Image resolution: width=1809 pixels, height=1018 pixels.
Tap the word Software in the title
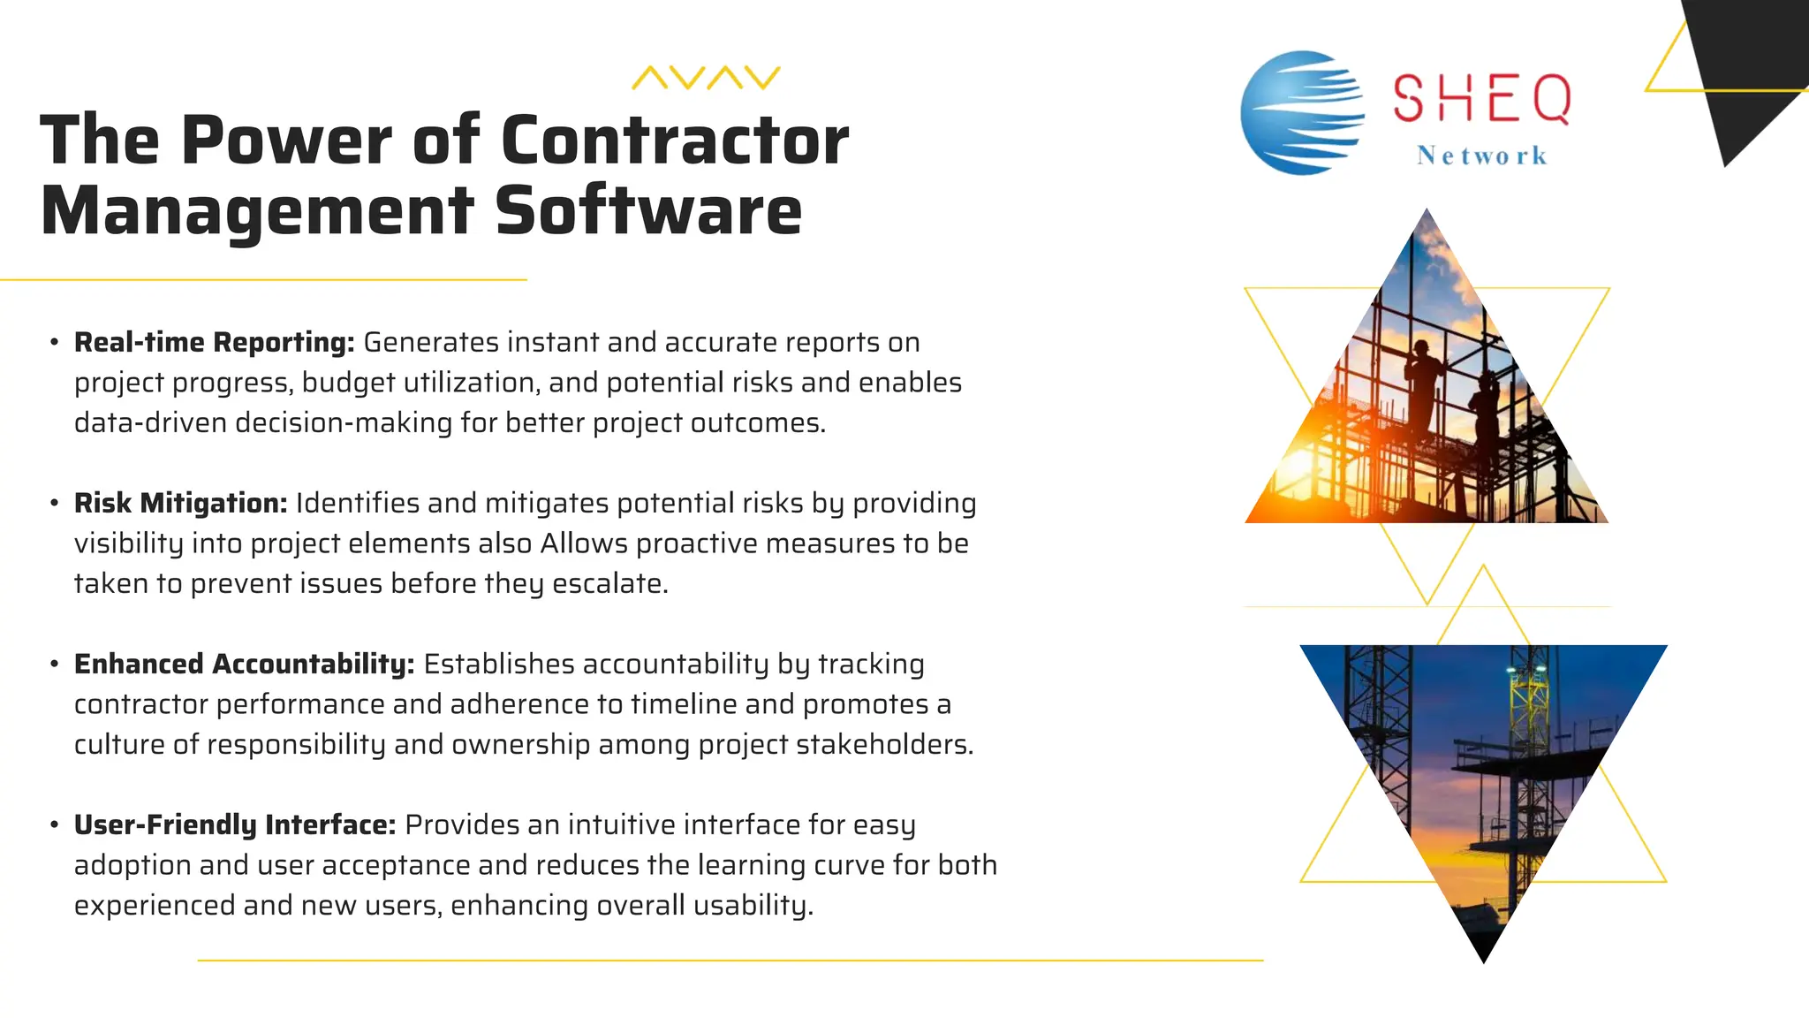(x=648, y=211)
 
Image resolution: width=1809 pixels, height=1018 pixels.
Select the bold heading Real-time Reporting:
(x=214, y=342)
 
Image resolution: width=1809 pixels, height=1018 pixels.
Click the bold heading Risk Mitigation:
(x=180, y=503)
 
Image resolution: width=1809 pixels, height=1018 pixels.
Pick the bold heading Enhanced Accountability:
(x=244, y=664)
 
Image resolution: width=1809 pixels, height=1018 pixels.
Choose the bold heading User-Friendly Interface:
(x=235, y=824)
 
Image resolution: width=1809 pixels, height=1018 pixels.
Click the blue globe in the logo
(x=1300, y=112)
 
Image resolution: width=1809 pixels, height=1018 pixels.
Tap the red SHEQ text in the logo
(x=1481, y=99)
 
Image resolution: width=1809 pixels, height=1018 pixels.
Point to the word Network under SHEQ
(x=1481, y=156)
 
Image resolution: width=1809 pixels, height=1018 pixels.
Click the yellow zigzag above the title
(x=706, y=78)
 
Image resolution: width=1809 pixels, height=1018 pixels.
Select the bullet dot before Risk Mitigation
(x=55, y=503)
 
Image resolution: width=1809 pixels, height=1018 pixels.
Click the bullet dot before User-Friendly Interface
(x=55, y=824)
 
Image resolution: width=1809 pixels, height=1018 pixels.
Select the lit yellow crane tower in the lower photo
(x=1525, y=707)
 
